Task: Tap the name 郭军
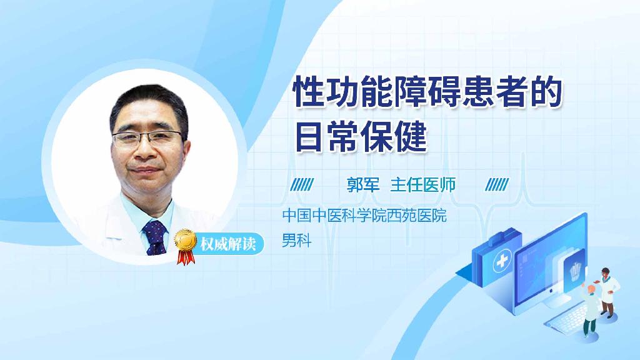click(363, 184)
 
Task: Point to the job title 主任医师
click(423, 184)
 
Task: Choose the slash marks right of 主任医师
click(497, 184)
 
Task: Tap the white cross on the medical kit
click(501, 264)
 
